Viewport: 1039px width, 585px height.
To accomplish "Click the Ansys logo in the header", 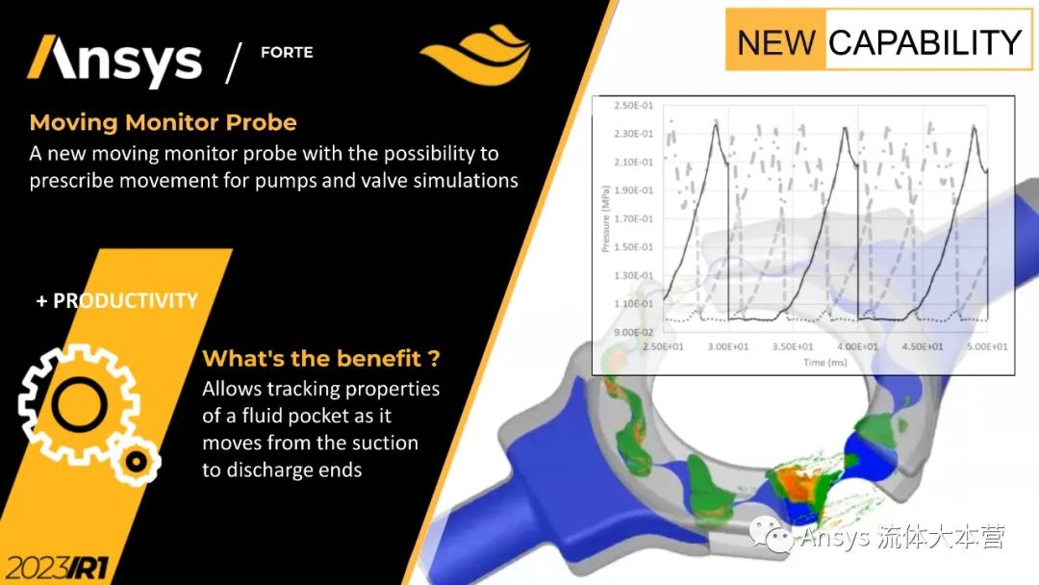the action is point(114,61).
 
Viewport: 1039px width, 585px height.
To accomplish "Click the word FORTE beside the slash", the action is point(287,52).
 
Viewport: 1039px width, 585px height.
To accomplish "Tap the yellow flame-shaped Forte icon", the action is point(476,54).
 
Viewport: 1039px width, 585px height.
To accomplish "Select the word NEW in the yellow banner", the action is point(776,42).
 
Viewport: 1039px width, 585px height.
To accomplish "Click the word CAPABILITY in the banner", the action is point(925,42).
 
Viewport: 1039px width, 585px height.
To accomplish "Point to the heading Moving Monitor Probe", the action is point(163,122).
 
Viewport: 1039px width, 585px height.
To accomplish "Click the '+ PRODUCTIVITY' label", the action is point(117,301).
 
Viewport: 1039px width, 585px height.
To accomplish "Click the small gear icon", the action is point(136,461).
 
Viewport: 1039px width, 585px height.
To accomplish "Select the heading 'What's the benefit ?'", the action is point(321,359).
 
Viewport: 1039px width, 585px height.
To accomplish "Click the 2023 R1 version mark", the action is point(57,568).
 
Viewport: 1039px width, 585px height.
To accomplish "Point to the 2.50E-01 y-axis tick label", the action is point(633,105).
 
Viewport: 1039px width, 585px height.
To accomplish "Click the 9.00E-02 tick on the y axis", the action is point(633,332).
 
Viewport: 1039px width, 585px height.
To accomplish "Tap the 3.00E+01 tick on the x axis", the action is point(727,346).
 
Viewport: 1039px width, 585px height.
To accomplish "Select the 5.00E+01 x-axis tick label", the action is point(987,346).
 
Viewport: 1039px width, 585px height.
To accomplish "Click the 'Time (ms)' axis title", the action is point(825,363).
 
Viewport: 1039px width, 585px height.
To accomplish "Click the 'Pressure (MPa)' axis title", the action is point(605,218).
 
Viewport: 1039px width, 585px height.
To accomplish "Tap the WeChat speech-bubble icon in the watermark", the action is point(771,535).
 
